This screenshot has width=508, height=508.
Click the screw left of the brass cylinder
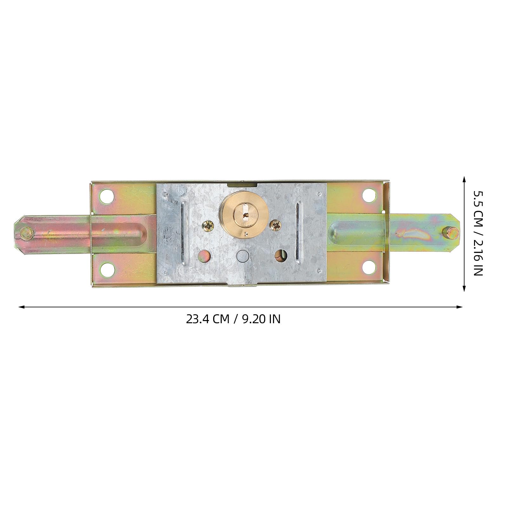pos(209,226)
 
